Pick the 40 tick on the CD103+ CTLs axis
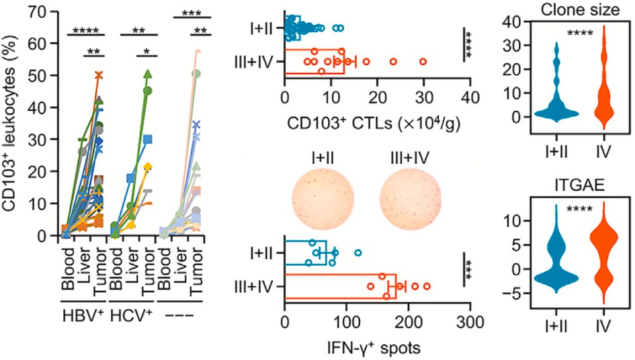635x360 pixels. coord(470,95)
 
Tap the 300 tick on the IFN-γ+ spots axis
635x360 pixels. coord(470,326)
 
